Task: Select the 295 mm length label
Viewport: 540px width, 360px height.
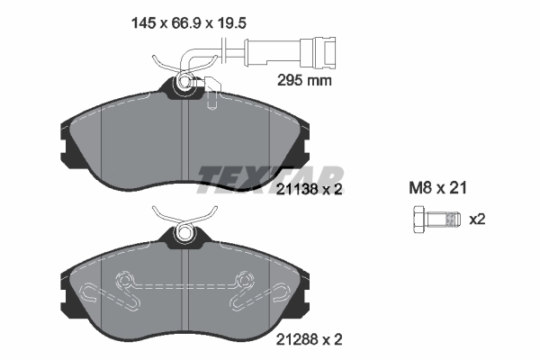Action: (302, 80)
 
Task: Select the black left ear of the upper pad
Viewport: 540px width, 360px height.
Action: (64, 148)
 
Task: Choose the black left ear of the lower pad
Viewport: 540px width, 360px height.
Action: (64, 297)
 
